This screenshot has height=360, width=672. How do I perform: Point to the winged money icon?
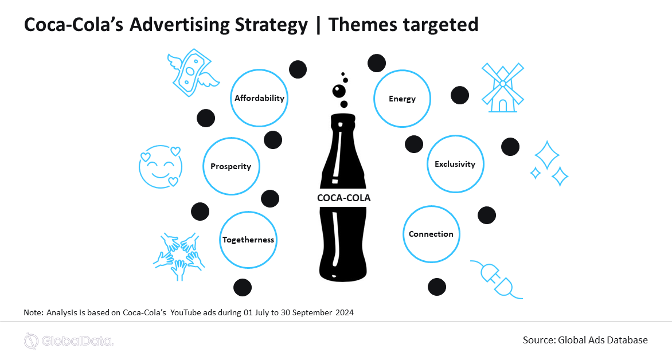[193, 72]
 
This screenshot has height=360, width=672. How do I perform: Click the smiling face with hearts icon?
[161, 167]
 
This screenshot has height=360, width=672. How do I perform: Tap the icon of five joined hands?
[179, 256]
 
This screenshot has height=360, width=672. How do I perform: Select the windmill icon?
[503, 88]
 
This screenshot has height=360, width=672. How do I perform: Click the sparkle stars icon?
[549, 163]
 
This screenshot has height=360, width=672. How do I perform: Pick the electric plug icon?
[497, 279]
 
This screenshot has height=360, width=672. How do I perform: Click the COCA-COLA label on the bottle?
[343, 198]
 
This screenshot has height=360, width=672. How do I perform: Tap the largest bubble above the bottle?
[339, 91]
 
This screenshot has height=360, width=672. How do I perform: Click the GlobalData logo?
[69, 341]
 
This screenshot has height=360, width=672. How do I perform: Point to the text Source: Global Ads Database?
[585, 341]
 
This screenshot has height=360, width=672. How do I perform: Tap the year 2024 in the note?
[345, 312]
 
